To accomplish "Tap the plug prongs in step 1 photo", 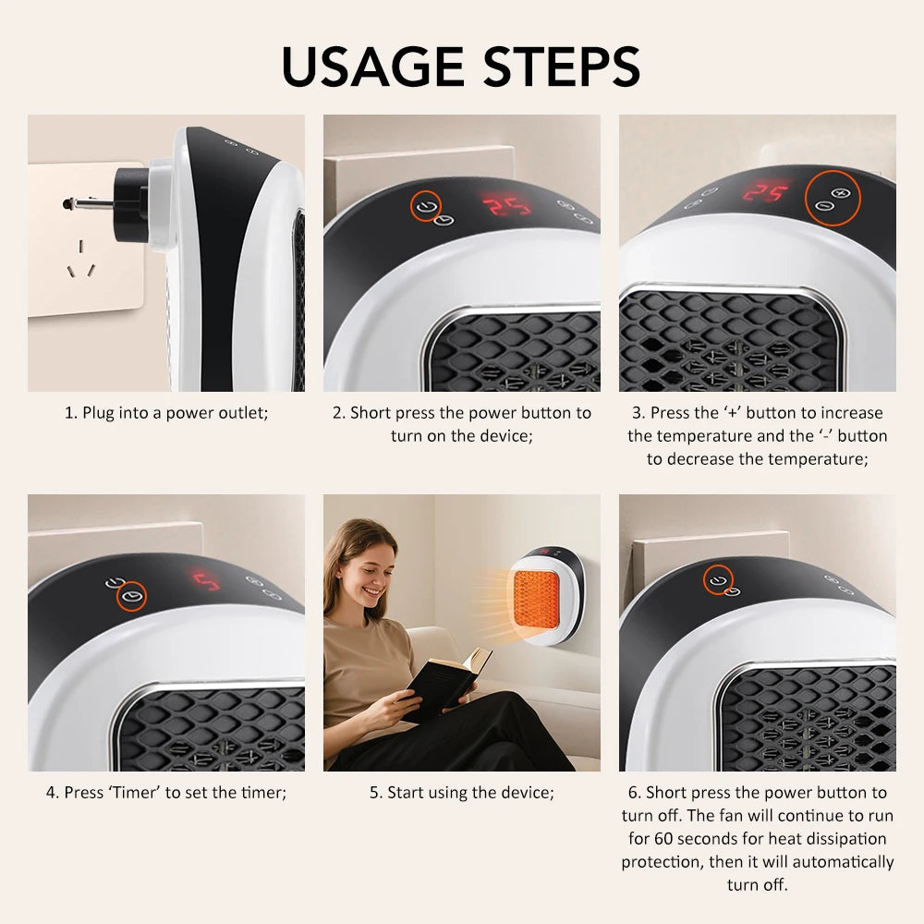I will click(x=78, y=204).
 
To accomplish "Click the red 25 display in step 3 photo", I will click(x=767, y=192).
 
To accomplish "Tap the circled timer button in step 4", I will click(x=133, y=593).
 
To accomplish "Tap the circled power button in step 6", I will click(x=716, y=580).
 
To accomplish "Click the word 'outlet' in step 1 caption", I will click(x=243, y=413).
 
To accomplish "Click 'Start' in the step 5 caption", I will click(x=406, y=793).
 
